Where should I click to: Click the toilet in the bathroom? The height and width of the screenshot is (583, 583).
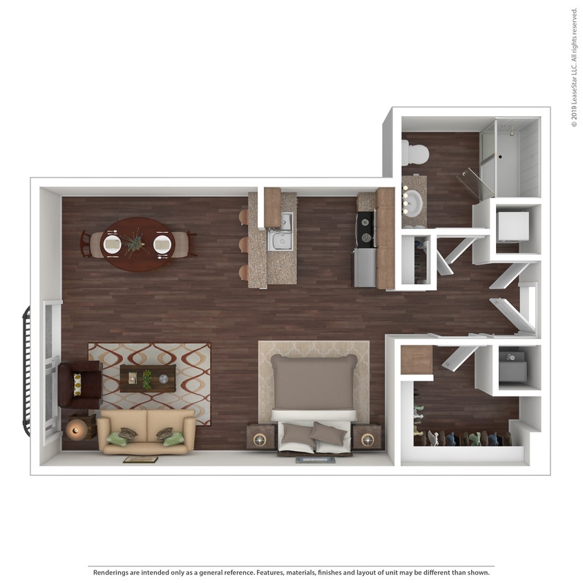(415, 153)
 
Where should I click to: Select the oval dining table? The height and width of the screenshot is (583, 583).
(137, 244)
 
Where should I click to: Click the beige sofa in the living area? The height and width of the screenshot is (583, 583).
(146, 431)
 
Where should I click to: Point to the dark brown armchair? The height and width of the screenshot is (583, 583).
(78, 384)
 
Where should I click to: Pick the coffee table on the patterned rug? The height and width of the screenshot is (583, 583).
(147, 379)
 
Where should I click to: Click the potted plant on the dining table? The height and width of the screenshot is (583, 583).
(136, 242)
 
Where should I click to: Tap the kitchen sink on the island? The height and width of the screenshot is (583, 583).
(283, 239)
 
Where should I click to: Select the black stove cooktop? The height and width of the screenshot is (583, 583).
(365, 229)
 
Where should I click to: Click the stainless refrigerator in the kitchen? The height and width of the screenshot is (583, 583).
(365, 267)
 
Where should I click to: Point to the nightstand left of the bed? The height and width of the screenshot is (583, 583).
(260, 437)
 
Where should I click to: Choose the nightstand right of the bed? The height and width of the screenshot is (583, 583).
(367, 437)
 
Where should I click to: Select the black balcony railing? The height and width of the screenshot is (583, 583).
(26, 372)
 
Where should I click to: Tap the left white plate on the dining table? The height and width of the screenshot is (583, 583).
(112, 244)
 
